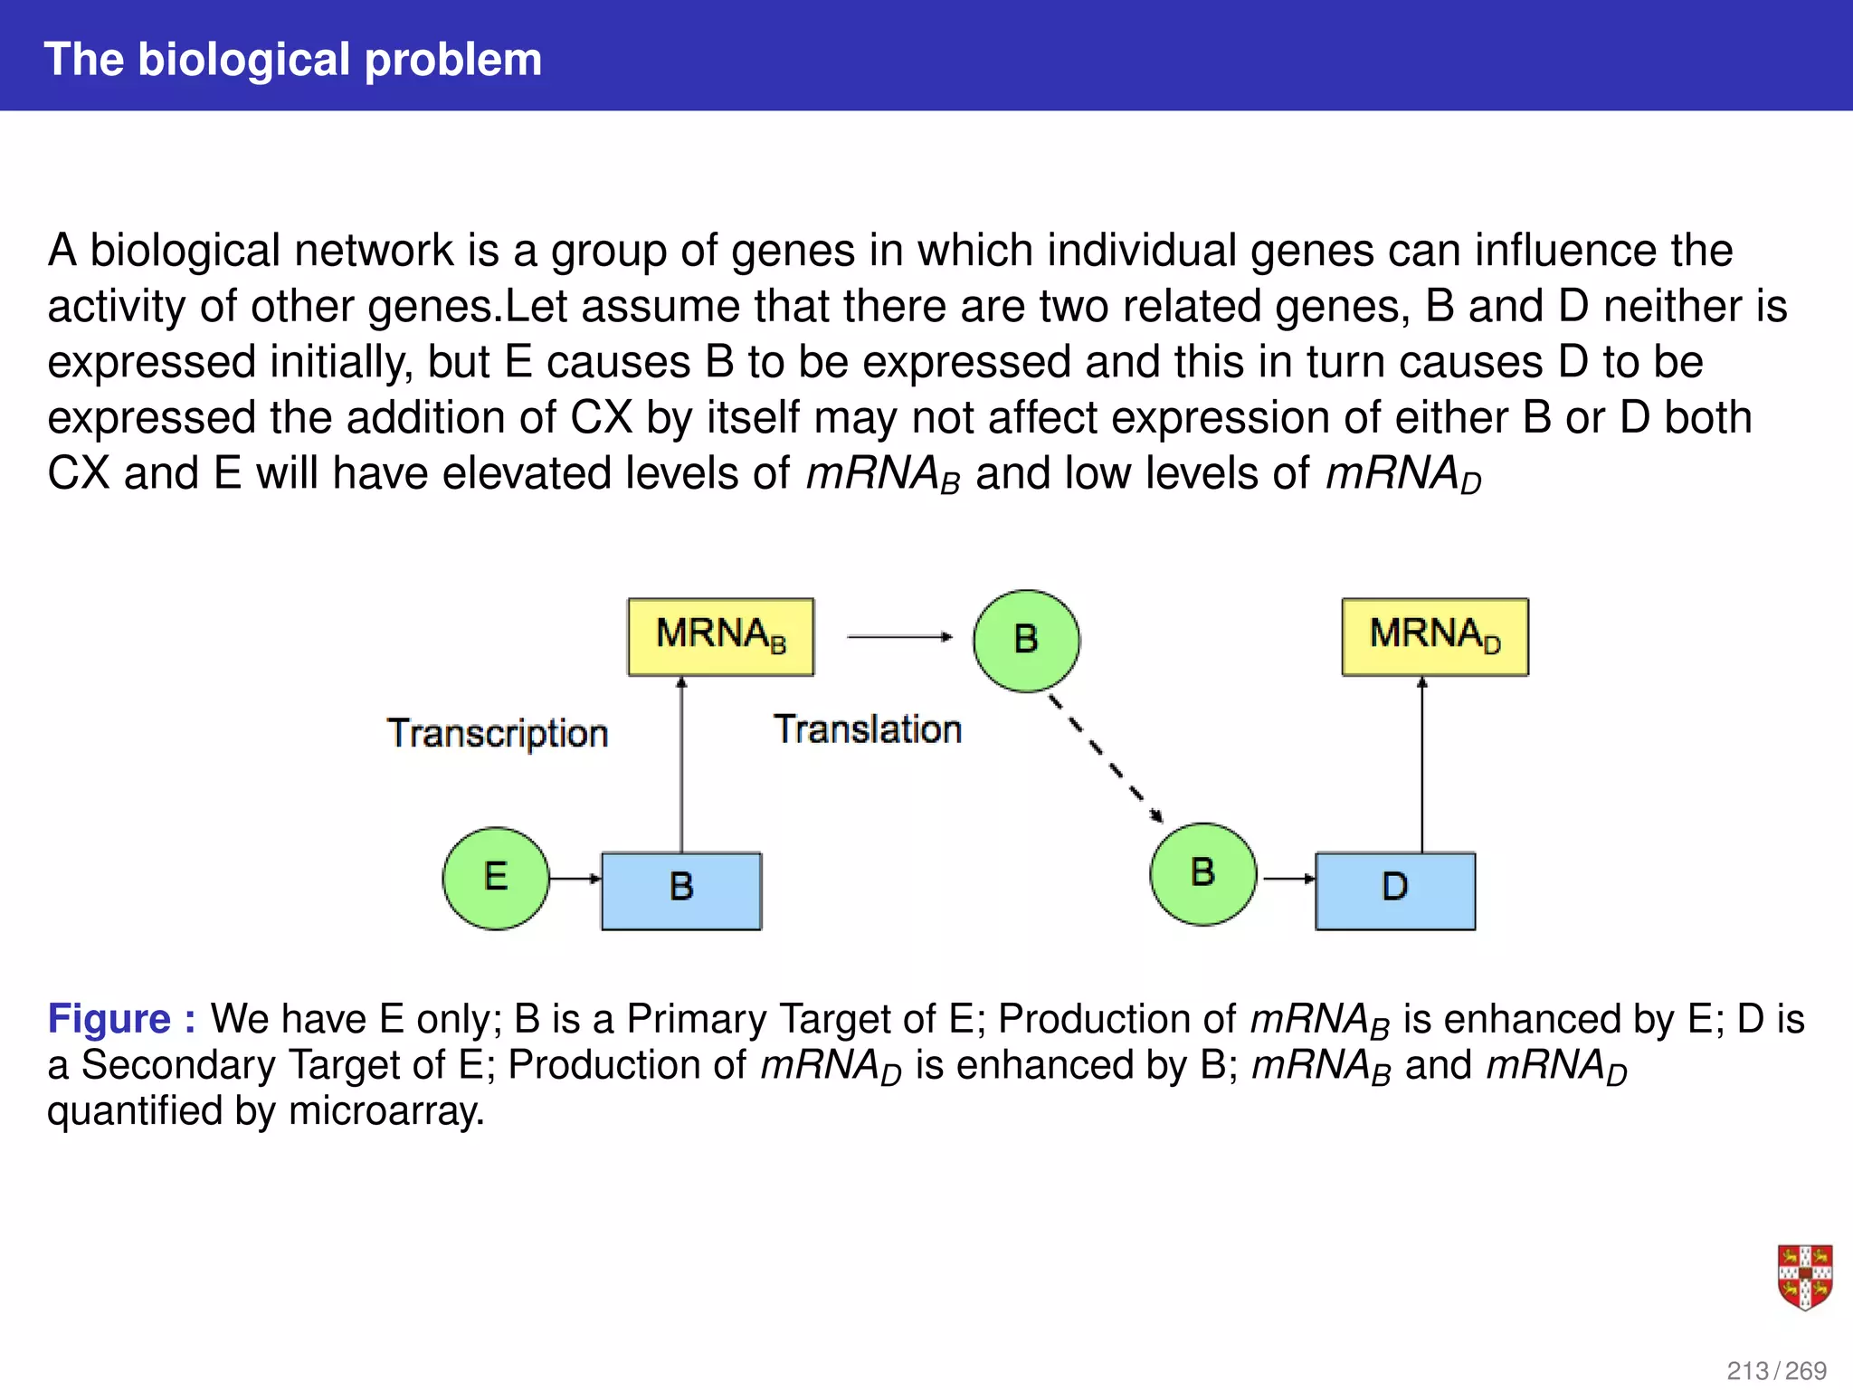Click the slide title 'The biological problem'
[292, 60]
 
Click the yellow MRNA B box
[720, 636]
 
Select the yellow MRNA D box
[1435, 636]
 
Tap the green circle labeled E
[496, 878]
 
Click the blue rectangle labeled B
[681, 890]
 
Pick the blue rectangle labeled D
[1395, 890]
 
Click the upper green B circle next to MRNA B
[1026, 641]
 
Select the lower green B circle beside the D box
[1202, 874]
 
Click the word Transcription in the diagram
[498, 733]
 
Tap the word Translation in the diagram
[867, 729]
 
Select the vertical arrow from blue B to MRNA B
[681, 765]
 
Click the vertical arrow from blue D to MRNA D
[1422, 765]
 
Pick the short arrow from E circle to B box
[575, 878]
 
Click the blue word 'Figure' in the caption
[109, 1019]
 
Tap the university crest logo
[1804, 1277]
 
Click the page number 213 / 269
[1776, 1370]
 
